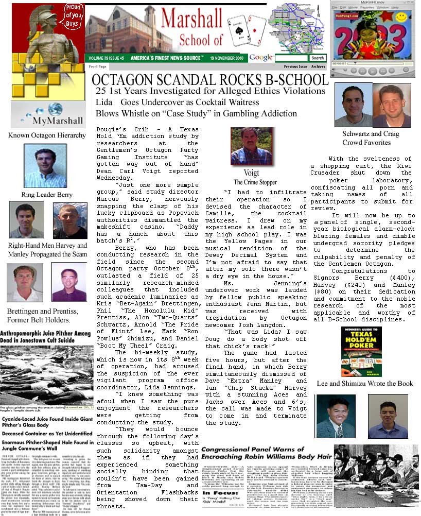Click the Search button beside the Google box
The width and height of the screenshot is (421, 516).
[318, 58]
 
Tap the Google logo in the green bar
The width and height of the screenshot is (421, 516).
[261, 58]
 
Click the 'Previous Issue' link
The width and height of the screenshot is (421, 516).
[295, 67]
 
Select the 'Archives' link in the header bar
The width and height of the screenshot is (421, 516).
[318, 67]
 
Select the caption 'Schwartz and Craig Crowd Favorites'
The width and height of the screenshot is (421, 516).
[370, 138]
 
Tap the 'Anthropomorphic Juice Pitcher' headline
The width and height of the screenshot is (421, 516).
[45, 337]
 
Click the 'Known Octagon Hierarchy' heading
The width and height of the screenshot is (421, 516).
[47, 135]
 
